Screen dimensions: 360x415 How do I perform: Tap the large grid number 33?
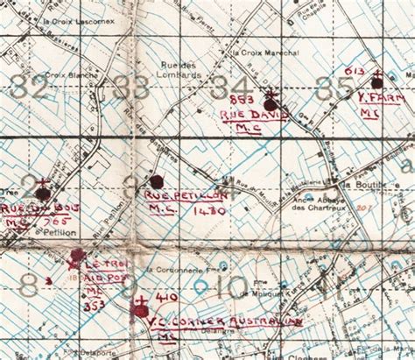coord(132,88)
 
